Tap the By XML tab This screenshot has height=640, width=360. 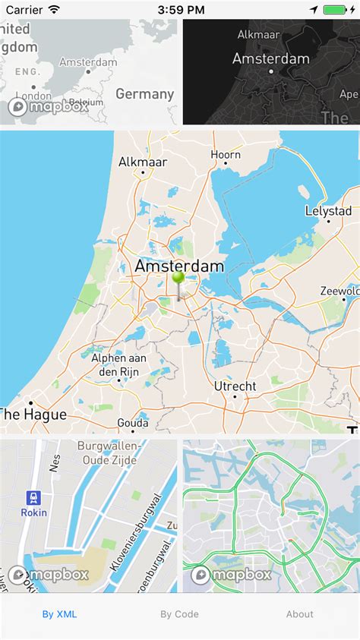[59, 614]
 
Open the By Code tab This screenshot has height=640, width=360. [179, 614]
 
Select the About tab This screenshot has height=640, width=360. [300, 614]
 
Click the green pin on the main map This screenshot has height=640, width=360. [178, 279]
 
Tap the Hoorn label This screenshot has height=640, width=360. [226, 155]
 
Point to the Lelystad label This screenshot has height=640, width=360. [328, 211]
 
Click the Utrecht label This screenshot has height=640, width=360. [235, 386]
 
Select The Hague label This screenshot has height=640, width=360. [33, 415]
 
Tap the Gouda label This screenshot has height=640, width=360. [132, 422]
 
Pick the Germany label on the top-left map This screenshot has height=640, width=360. [145, 93]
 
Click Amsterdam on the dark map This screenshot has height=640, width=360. [271, 58]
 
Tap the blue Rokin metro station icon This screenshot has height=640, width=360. [34, 498]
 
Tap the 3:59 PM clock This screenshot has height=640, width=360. [180, 10]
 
